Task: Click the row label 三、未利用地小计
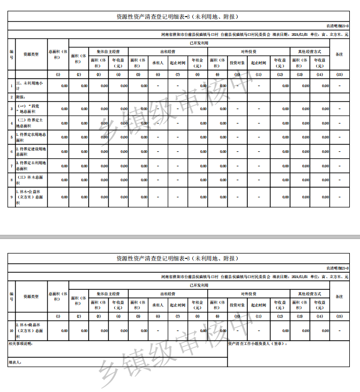point(30,86)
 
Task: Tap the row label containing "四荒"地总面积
point(30,109)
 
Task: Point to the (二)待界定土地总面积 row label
point(30,123)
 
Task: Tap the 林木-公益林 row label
point(30,196)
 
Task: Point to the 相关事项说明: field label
point(21,344)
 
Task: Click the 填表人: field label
point(15,363)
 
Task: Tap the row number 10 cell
point(11,330)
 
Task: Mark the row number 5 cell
point(11,137)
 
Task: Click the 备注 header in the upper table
point(339,55)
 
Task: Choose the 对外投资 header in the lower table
point(248,294)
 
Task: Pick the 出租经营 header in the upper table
point(168,52)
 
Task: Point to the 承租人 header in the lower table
point(158,304)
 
